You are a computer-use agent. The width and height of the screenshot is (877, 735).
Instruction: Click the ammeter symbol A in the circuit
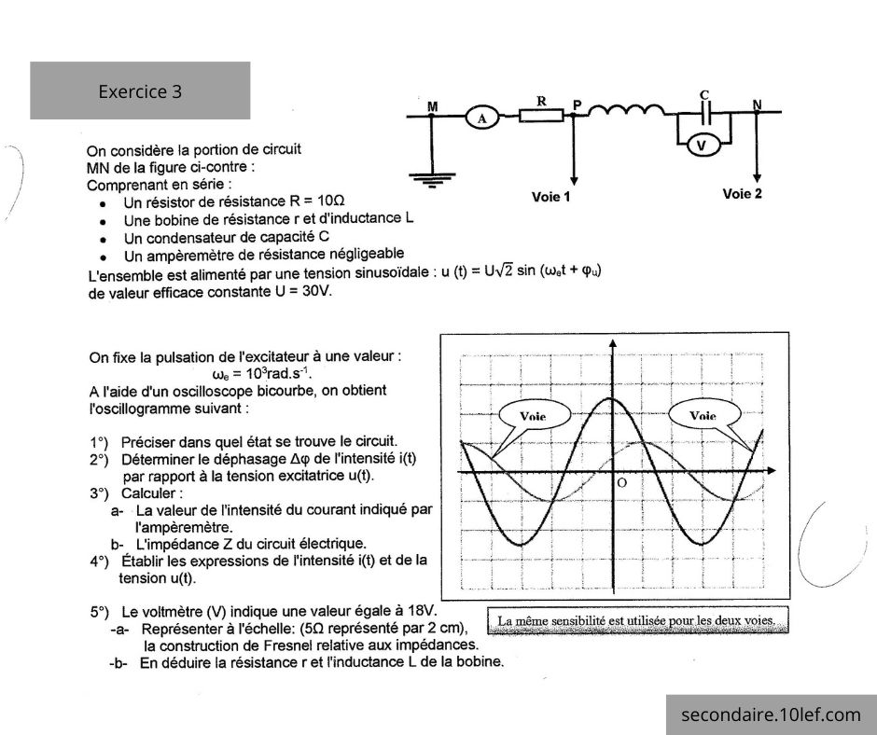point(482,118)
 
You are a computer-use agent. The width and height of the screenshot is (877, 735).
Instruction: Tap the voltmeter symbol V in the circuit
point(705,146)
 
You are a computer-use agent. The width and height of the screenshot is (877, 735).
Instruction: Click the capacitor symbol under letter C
point(706,114)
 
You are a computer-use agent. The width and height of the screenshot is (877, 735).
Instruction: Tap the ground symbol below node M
point(428,181)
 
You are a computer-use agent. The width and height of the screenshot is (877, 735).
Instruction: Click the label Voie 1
point(550,197)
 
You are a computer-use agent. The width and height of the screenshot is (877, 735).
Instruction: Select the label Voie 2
point(743,194)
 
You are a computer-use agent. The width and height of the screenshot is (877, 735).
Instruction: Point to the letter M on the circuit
point(432,107)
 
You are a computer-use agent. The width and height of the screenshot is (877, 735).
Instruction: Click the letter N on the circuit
point(757,104)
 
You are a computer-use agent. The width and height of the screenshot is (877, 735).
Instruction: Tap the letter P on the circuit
point(578,105)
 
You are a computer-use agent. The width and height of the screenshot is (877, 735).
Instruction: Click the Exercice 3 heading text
point(140,91)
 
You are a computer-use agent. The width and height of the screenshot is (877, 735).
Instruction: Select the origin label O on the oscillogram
point(621,483)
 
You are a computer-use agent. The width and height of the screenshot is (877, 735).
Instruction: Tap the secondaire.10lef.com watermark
point(771,715)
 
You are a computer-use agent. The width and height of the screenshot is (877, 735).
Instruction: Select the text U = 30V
point(303,291)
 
